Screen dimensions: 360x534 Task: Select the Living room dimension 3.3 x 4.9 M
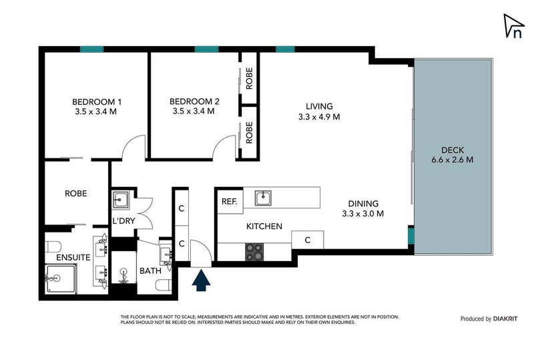click(319, 116)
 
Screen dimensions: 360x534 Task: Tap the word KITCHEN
click(264, 227)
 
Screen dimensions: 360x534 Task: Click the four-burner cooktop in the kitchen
click(254, 251)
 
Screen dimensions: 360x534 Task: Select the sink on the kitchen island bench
click(264, 196)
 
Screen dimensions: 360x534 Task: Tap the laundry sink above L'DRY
click(121, 200)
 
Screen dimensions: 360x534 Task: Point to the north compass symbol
click(513, 27)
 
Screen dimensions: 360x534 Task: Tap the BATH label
click(151, 271)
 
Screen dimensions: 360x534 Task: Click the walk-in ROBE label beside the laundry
click(75, 193)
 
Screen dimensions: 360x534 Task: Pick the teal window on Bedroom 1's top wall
click(91, 49)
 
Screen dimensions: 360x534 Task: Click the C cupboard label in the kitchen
click(308, 240)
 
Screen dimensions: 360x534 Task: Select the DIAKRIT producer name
click(509, 319)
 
